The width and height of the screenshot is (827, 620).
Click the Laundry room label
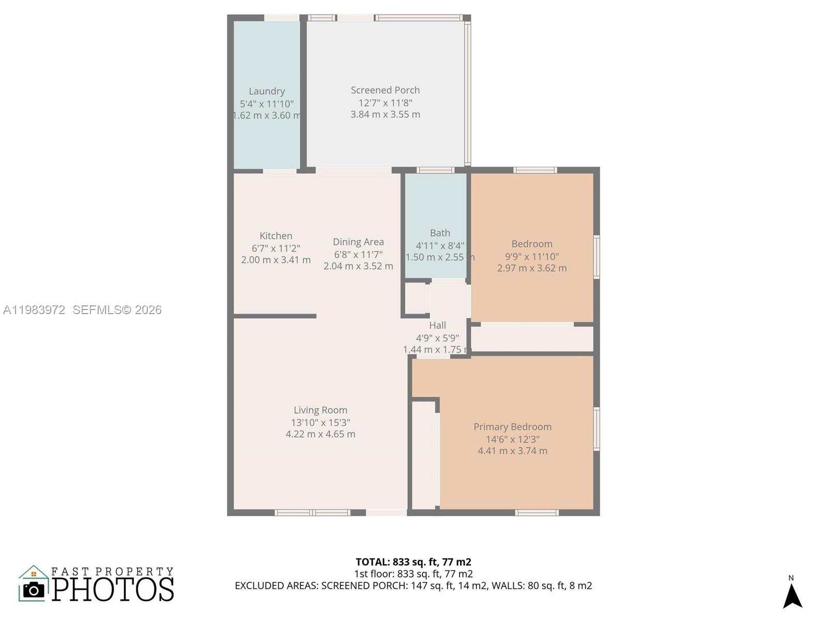tap(267, 91)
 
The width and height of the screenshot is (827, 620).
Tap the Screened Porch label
tap(385, 90)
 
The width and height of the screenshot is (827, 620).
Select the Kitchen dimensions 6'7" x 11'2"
tap(275, 249)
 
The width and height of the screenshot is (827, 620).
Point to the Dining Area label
tap(358, 242)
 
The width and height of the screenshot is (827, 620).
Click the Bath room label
tap(440, 233)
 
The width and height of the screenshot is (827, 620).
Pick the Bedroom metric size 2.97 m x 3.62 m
tap(532, 268)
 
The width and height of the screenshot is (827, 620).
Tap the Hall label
tap(437, 326)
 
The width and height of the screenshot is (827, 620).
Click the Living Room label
tap(320, 410)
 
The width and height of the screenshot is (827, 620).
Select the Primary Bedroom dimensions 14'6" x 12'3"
tap(512, 439)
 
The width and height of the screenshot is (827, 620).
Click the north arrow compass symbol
tap(792, 596)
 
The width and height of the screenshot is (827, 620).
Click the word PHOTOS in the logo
tap(113, 590)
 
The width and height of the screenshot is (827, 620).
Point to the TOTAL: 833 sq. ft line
tap(413, 562)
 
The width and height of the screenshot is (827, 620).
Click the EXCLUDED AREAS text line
tap(413, 586)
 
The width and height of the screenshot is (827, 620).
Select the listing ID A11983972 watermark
tap(34, 310)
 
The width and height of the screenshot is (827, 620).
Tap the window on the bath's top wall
tap(435, 170)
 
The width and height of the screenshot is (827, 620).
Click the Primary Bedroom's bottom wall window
tap(537, 513)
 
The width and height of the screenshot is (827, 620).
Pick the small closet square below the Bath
tap(415, 298)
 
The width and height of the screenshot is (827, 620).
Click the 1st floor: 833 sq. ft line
tap(413, 574)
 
